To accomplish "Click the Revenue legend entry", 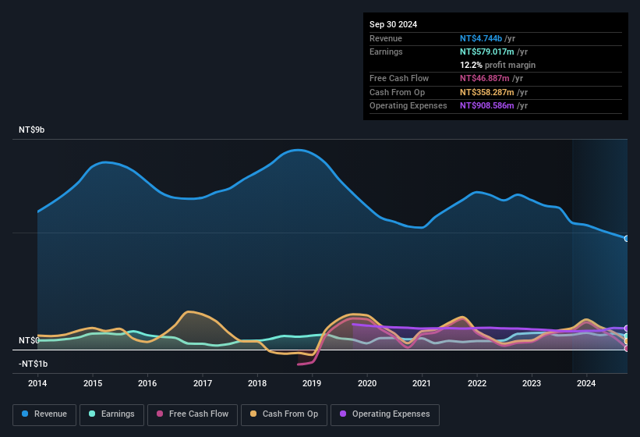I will pyautogui.click(x=44, y=414).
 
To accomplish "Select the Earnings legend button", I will pyautogui.click(x=111, y=414).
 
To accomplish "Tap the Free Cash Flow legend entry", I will pyautogui.click(x=193, y=414).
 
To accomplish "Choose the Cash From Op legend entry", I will pyautogui.click(x=284, y=414).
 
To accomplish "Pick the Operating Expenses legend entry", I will pyautogui.click(x=385, y=414).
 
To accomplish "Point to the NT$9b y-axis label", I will pyautogui.click(x=32, y=130).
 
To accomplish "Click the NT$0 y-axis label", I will pyautogui.click(x=29, y=341).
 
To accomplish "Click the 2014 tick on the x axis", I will pyautogui.click(x=37, y=383).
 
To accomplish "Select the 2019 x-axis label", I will pyautogui.click(x=312, y=383).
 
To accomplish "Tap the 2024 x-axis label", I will pyautogui.click(x=586, y=383).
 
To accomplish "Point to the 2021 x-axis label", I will pyautogui.click(x=422, y=383).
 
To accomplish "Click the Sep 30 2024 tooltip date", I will pyautogui.click(x=393, y=24).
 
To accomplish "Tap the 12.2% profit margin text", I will pyautogui.click(x=497, y=65).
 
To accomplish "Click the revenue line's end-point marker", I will pyautogui.click(x=627, y=238).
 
